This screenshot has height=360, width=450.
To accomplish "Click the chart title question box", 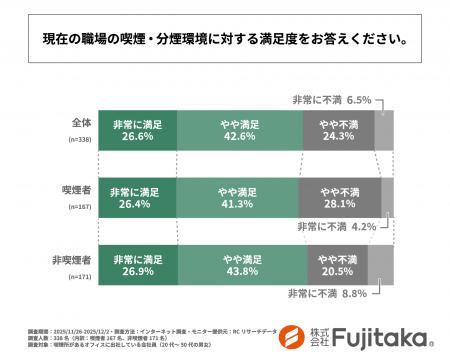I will tap(224, 42).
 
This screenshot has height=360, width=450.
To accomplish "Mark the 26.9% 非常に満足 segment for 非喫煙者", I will tap(137, 264).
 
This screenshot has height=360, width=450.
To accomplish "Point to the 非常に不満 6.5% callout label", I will tap(331, 100).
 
